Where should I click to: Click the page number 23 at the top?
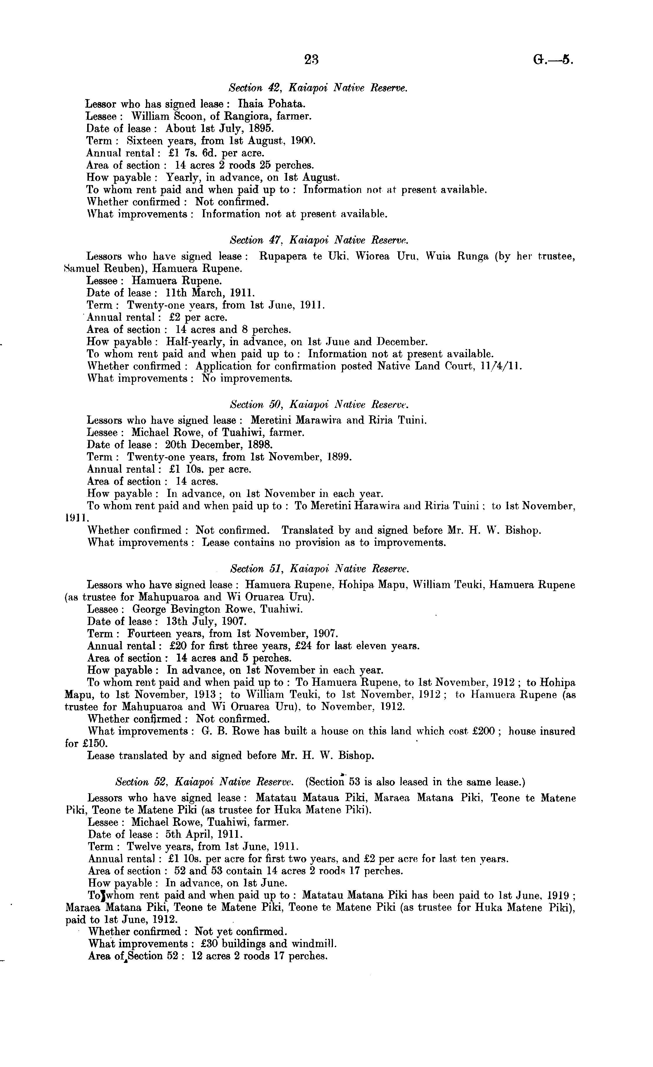click(x=312, y=60)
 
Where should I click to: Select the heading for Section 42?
click(x=318, y=88)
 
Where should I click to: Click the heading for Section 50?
click(x=319, y=405)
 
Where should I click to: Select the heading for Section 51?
click(x=319, y=569)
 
